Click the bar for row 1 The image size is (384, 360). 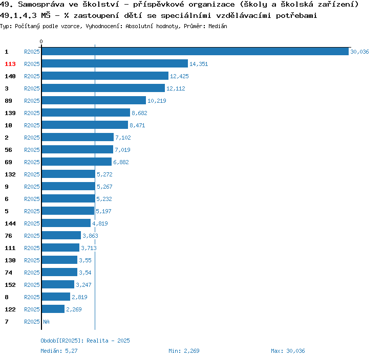pyautogui.click(x=195, y=52)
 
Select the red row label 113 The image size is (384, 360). pyautogui.click(x=10, y=64)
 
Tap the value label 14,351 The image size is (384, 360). pyautogui.click(x=199, y=64)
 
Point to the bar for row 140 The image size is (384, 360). pyautogui.click(x=105, y=76)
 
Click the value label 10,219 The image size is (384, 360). pyautogui.click(x=157, y=101)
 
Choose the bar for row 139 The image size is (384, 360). pyautogui.click(x=86, y=113)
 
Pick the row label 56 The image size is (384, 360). pyautogui.click(x=8, y=150)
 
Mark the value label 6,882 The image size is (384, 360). pyautogui.click(x=121, y=162)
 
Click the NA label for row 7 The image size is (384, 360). pyautogui.click(x=46, y=322)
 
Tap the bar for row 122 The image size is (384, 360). pyautogui.click(x=53, y=309)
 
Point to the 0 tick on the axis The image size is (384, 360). pyautogui.click(x=41, y=41)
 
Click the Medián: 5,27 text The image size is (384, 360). pyautogui.click(x=59, y=351)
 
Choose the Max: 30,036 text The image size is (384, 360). pyautogui.click(x=288, y=351)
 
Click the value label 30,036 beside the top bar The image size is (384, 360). pyautogui.click(x=359, y=52)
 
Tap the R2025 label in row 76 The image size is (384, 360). pyautogui.click(x=32, y=236)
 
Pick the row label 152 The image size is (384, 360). pyautogui.click(x=10, y=285)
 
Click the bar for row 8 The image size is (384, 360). pyautogui.click(x=56, y=297)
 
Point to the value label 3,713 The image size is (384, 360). pyautogui.click(x=89, y=248)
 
